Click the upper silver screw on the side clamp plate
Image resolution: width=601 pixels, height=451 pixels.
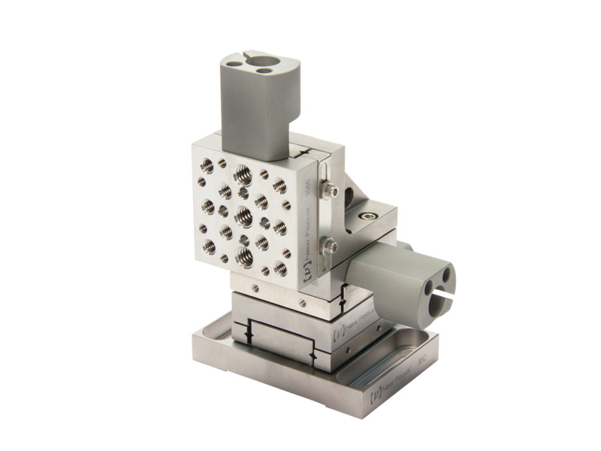328,192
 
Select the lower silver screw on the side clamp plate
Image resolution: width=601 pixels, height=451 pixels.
328,245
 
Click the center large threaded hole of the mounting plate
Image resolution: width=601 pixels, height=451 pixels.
244,216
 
